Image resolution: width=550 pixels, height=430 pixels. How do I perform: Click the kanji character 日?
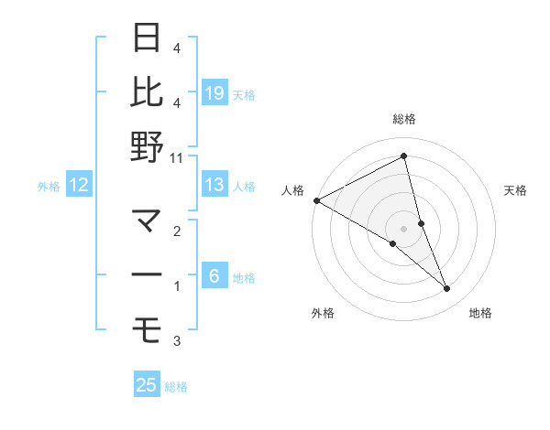pos(148,38)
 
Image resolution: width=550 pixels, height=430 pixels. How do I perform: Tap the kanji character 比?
pos(148,92)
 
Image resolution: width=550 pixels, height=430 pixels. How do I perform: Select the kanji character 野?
pos(148,146)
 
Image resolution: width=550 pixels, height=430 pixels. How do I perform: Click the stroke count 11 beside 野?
pos(178,157)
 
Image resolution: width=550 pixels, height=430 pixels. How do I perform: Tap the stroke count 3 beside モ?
pos(177,341)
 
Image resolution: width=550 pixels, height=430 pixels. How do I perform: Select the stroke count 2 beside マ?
pos(177,231)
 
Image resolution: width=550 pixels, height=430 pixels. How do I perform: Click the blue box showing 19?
pos(214,92)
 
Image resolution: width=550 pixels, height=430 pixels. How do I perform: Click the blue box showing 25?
pos(147,385)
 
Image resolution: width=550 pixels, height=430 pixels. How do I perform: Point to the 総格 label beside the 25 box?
pos(176,387)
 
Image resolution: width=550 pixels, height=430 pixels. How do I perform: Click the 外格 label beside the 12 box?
pos(49,187)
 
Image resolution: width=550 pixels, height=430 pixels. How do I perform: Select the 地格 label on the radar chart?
pos(480,314)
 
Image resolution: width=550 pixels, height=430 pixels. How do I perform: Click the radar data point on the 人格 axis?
pos(316,200)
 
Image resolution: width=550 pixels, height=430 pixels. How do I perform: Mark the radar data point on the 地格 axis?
pos(447,289)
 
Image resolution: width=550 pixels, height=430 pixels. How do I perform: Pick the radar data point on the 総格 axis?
pos(403,156)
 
